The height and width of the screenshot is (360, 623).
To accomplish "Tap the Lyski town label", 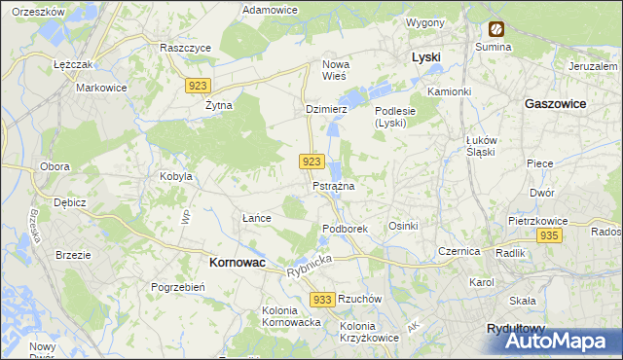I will coord(426,57).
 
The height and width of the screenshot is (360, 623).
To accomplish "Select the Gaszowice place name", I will coord(555,102).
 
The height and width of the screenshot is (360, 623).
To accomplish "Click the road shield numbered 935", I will coord(549,236).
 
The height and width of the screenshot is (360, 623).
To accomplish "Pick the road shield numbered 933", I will coord(324,299).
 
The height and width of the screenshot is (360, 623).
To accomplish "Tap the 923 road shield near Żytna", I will coord(198,86).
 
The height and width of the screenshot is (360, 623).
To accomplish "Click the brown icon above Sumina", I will coord(495,29).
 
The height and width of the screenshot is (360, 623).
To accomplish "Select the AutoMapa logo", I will coord(559,341).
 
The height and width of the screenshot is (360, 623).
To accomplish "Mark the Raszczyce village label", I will coord(185,46).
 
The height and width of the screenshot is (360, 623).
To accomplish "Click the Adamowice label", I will coord(270,9).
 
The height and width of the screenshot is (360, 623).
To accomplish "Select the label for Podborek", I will coord(345,228).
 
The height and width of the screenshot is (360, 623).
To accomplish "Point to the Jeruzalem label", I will coord(596,65).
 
